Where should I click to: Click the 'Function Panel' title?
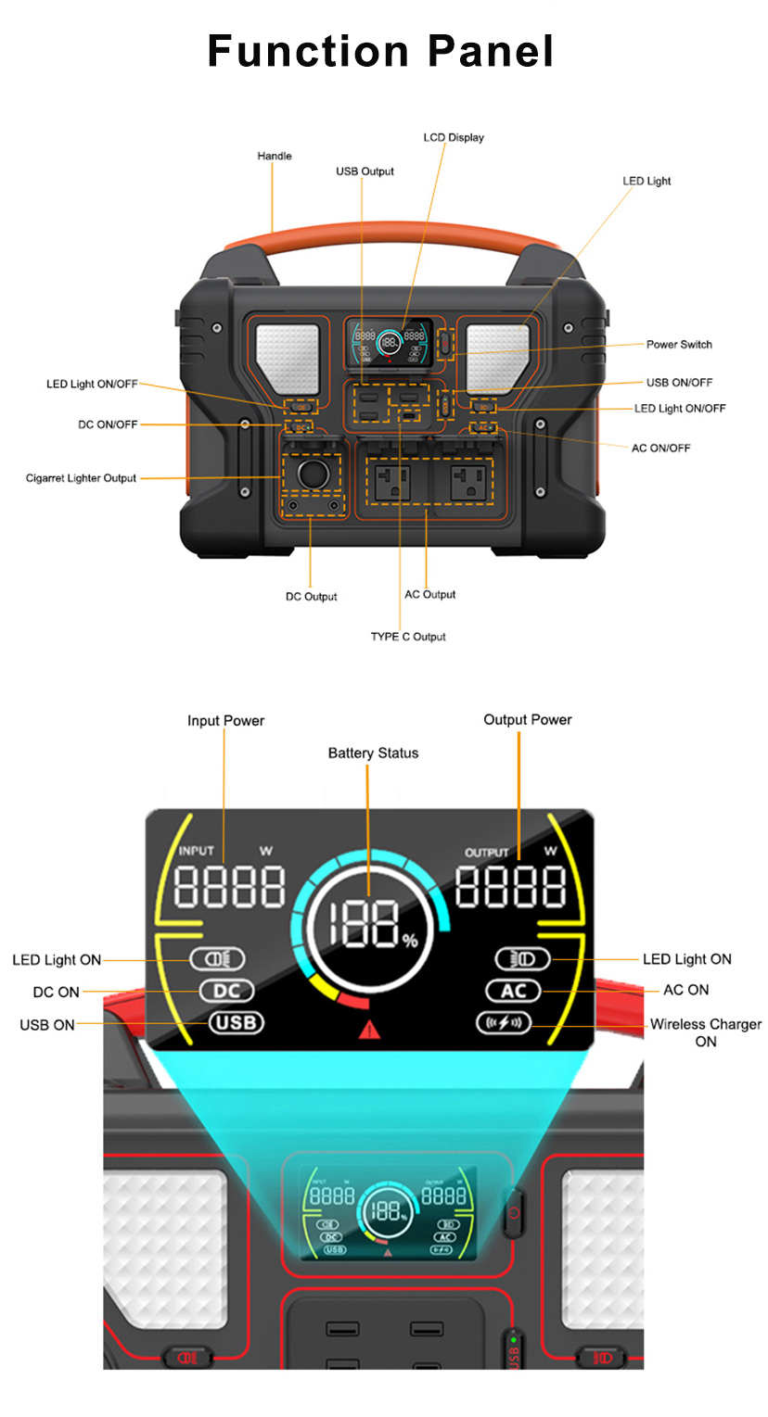pyautogui.click(x=380, y=51)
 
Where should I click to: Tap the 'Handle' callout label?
pyautogui.click(x=275, y=156)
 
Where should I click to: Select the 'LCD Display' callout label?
pyautogui.click(x=454, y=137)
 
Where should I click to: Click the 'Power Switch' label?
pyautogui.click(x=679, y=344)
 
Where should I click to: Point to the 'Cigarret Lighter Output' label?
pyautogui.click(x=81, y=478)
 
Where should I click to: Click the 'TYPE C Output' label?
pyautogui.click(x=408, y=637)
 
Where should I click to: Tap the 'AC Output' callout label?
pyautogui.click(x=429, y=594)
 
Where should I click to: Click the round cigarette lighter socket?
pyautogui.click(x=314, y=474)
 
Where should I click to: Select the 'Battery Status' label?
pyautogui.click(x=373, y=753)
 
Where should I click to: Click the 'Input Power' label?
pyautogui.click(x=225, y=720)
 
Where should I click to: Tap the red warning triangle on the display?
pyautogui.click(x=370, y=1030)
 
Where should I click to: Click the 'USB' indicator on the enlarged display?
pyautogui.click(x=237, y=1022)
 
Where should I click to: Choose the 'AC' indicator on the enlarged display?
pyautogui.click(x=514, y=991)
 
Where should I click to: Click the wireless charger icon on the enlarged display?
pyautogui.click(x=504, y=1022)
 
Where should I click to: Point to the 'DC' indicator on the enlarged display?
pyautogui.click(x=226, y=991)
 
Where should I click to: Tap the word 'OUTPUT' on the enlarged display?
pyautogui.click(x=486, y=853)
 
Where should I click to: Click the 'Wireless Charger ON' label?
pyautogui.click(x=705, y=1032)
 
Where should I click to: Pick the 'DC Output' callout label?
pyautogui.click(x=311, y=597)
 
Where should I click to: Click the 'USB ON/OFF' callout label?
pyautogui.click(x=679, y=382)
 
